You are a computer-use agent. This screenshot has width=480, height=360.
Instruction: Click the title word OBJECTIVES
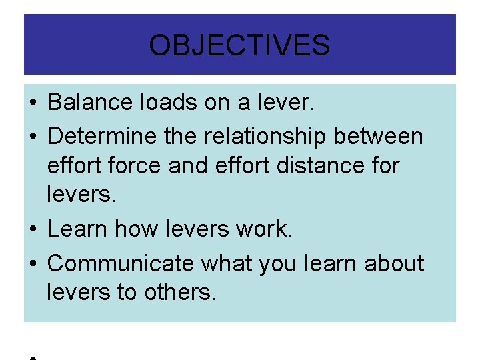[x=239, y=45]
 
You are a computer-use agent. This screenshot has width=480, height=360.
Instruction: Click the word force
[x=135, y=165]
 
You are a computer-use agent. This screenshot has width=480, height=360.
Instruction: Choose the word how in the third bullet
[x=135, y=229]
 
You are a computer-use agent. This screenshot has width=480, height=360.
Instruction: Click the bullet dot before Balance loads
[x=33, y=103]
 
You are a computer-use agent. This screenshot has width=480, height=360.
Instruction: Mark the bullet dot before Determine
[x=33, y=137]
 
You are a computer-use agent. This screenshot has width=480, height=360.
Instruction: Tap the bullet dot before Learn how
[x=33, y=229]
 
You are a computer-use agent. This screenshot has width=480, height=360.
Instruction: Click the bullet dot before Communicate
[x=33, y=264]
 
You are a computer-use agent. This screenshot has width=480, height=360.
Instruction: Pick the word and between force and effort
[x=185, y=165]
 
